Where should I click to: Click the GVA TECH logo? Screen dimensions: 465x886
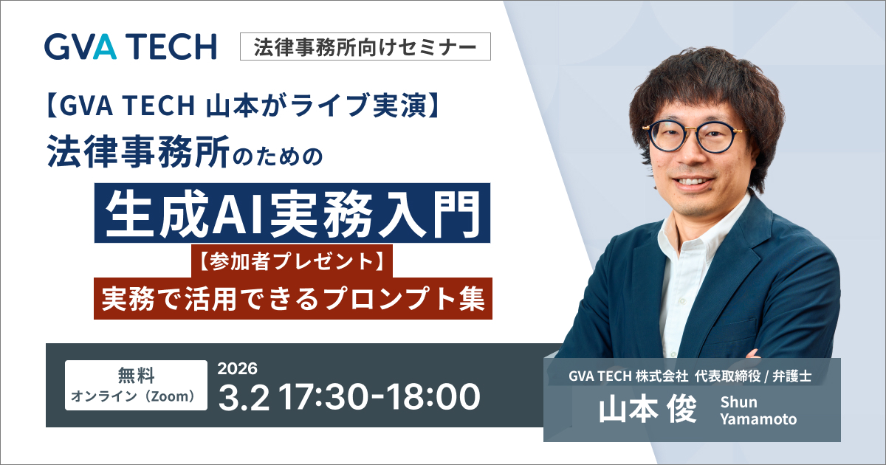pyautogui.click(x=130, y=46)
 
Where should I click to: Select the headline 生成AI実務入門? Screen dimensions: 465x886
pyautogui.click(x=293, y=213)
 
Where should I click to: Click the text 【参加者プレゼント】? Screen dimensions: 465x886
pyautogui.click(x=292, y=261)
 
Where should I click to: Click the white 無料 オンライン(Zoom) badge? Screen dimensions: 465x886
pyautogui.click(x=136, y=385)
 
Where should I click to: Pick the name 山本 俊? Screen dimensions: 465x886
pyautogui.click(x=648, y=410)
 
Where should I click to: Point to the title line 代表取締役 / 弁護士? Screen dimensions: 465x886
pyautogui.click(x=750, y=376)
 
